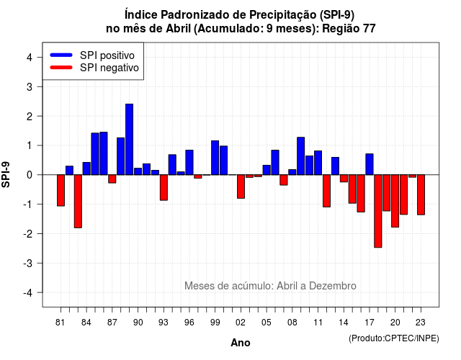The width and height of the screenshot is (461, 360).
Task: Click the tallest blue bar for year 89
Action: pos(129,139)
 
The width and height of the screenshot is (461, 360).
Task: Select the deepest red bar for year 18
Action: pos(377,211)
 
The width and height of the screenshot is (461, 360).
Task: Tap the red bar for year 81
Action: pos(61,190)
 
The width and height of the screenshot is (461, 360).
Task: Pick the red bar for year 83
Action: pos(78,202)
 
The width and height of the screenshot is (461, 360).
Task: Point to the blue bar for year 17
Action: pos(370,164)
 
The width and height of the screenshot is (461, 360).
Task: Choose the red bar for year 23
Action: pos(421,195)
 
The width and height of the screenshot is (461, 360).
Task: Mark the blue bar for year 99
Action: pos(215,158)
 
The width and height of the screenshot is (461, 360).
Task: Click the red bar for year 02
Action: pos(241,186)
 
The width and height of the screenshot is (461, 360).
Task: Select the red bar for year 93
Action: pos(164,187)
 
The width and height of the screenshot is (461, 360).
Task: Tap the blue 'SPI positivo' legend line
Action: pos(61,55)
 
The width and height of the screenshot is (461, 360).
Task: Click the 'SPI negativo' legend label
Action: pos(109,68)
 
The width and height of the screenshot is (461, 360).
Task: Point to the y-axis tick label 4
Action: pos(30,58)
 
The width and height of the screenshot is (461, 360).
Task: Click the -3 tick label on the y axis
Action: pos(28,263)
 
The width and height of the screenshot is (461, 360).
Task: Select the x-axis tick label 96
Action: pos(189,323)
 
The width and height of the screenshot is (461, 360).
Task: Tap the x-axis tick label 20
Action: pos(395,323)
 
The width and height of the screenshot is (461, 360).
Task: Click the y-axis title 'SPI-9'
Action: pos(6,174)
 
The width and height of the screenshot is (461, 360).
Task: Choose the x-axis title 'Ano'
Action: pos(241,343)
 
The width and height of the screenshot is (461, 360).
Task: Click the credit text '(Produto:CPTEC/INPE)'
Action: pos(394,338)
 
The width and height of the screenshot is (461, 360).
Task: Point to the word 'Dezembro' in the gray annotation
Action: pos(333,286)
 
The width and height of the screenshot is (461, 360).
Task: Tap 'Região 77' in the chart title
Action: pos(349,29)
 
